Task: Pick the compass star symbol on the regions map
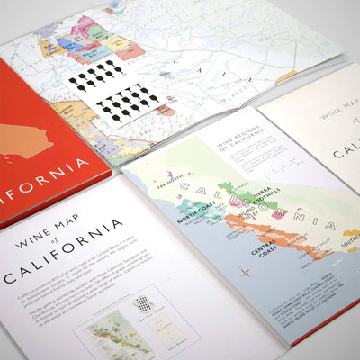point(245,271)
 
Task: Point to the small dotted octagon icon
point(143,303)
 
